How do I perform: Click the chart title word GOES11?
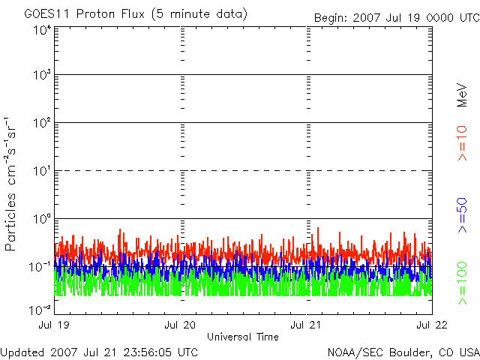(48, 14)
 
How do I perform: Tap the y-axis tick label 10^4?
(42, 31)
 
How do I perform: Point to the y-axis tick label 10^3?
(42, 75)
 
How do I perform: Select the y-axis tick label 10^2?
(42, 123)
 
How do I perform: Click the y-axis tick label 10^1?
(42, 171)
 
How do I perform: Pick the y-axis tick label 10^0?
(42, 219)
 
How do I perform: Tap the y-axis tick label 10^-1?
(40, 267)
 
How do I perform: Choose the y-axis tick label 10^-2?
(40, 310)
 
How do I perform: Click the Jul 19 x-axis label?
(54, 325)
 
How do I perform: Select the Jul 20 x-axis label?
(180, 325)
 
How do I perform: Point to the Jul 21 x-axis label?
(306, 325)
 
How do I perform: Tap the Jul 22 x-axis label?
(432, 325)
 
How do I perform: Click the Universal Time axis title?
(243, 337)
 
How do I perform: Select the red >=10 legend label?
(462, 143)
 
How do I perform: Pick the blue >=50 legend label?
(462, 215)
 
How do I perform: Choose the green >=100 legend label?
(462, 283)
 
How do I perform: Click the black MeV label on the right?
(462, 95)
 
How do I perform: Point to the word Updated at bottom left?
(23, 353)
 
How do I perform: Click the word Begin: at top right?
(331, 18)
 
